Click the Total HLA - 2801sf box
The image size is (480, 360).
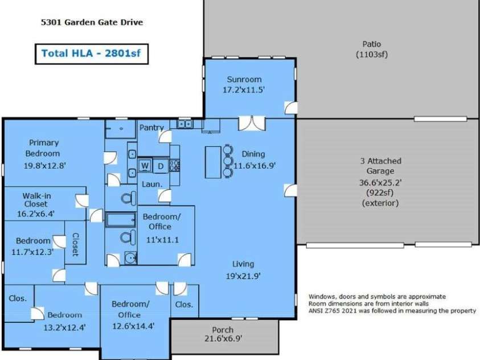(92, 54)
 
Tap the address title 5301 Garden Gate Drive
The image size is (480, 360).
(92, 22)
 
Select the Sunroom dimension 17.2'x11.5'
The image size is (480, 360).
(244, 90)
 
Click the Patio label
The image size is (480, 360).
(372, 44)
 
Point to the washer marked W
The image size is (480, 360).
(145, 166)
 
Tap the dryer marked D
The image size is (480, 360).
(161, 166)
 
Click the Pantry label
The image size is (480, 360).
(151, 128)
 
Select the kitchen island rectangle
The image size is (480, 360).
(213, 162)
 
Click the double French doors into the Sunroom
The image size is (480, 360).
(252, 124)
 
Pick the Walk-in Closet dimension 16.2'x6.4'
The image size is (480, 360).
(36, 214)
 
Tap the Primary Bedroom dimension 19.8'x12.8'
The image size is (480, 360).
(45, 166)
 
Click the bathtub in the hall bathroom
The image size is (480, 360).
(121, 220)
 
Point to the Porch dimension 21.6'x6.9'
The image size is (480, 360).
(223, 338)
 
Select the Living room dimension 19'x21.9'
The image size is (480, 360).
(243, 276)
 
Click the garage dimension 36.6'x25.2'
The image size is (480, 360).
(380, 183)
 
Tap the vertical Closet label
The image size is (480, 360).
(75, 244)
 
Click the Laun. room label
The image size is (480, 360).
(152, 185)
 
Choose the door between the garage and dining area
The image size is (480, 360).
(290, 190)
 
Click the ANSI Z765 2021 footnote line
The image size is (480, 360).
(392, 310)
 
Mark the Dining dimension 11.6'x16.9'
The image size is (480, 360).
(255, 166)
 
